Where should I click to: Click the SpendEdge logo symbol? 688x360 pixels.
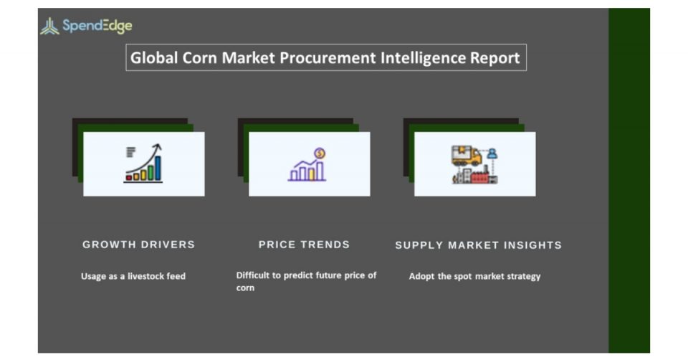tap(49, 26)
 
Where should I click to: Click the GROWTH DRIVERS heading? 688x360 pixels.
tap(138, 245)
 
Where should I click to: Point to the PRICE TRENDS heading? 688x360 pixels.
tap(304, 245)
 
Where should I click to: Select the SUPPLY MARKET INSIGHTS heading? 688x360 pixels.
tap(478, 245)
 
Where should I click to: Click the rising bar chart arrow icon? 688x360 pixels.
tap(143, 163)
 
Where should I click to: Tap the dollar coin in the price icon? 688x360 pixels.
tap(320, 153)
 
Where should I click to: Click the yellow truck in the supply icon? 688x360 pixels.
tap(467, 156)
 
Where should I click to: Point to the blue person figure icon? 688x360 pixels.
tap(492, 153)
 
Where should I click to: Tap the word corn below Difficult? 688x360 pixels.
tap(245, 288)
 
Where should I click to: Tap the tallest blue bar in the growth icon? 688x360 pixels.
tap(158, 168)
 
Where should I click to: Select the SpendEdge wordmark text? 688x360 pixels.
tap(97, 26)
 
